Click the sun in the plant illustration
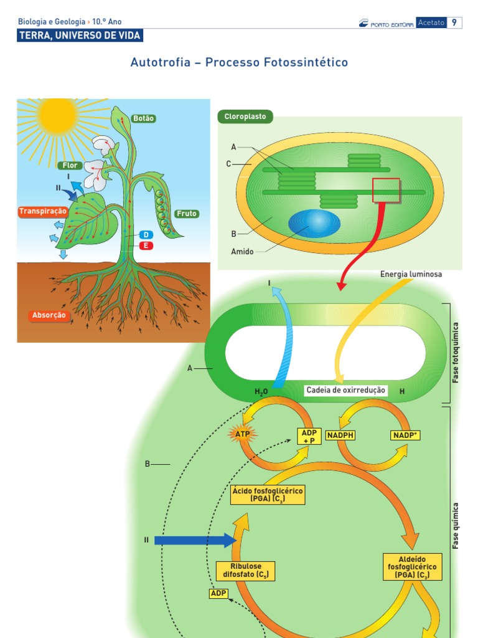pyautogui.click(x=57, y=114)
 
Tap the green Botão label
pyautogui.click(x=143, y=118)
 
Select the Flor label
pyautogui.click(x=70, y=166)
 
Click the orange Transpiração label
pyautogui.click(x=42, y=212)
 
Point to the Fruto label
pyautogui.click(x=187, y=214)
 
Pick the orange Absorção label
pyautogui.click(x=49, y=315)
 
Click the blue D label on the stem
pyautogui.click(x=146, y=235)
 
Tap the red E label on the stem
pyautogui.click(x=146, y=245)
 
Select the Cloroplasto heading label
pyautogui.click(x=245, y=116)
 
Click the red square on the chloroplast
pyautogui.click(x=386, y=190)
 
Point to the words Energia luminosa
pyautogui.click(x=411, y=274)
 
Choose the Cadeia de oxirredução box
pyautogui.click(x=346, y=391)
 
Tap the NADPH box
pyautogui.click(x=340, y=436)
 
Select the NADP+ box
pyautogui.click(x=405, y=436)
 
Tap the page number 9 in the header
pyautogui.click(x=454, y=23)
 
